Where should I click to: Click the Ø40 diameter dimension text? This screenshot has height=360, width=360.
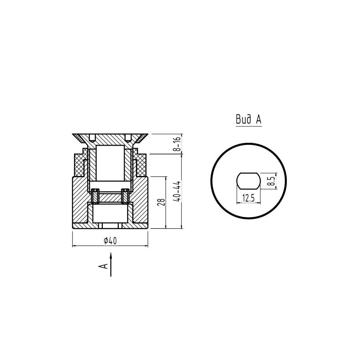tap(110, 241)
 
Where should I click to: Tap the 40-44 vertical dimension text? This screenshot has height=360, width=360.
tap(178, 192)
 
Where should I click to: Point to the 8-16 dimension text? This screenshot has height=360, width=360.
tap(178, 144)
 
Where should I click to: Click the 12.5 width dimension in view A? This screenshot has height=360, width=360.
tap(248, 198)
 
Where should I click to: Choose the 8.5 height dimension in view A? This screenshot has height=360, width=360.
tap(272, 181)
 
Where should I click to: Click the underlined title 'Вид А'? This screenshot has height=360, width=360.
tap(249, 119)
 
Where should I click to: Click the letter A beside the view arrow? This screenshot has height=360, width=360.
tap(103, 266)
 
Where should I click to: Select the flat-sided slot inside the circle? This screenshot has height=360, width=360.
tap(249, 181)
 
